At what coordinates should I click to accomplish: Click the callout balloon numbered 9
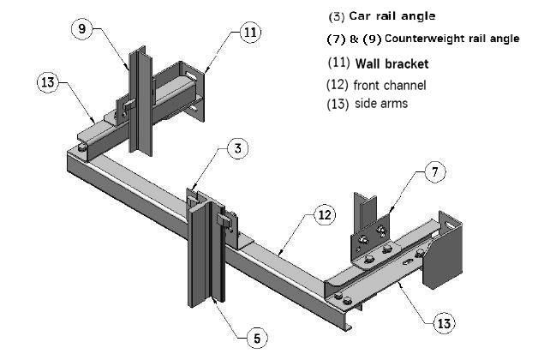pyautogui.click(x=82, y=28)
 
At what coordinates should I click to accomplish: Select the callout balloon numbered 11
pyautogui.click(x=248, y=33)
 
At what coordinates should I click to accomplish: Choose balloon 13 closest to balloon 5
pyautogui.click(x=443, y=323)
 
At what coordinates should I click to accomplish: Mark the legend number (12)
pyautogui.click(x=338, y=85)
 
